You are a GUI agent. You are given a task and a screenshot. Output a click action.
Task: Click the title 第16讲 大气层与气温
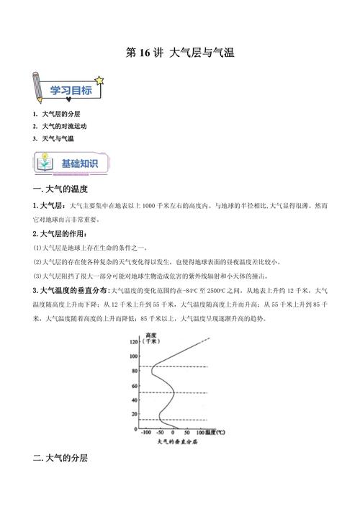[x=180, y=53]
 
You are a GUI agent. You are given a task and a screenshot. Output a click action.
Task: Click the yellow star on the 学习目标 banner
[x=99, y=78]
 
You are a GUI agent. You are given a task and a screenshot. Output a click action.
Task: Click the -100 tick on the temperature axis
[x=146, y=433]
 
